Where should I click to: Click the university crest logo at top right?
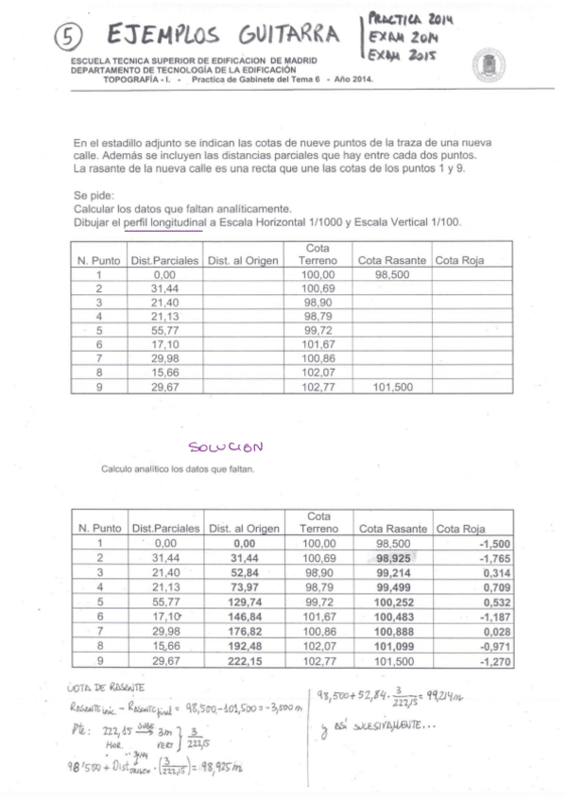[488, 65]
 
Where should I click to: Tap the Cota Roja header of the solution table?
[460, 529]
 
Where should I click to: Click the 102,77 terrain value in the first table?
[318, 387]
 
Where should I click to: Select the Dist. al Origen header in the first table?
[243, 260]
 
